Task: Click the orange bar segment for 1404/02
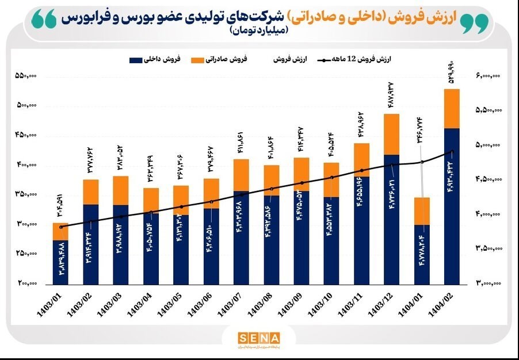(x=452, y=109)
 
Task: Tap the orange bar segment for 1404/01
(x=422, y=211)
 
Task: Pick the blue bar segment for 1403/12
(x=392, y=219)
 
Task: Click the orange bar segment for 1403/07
(x=241, y=175)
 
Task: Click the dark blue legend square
(x=136, y=59)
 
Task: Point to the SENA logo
(x=259, y=338)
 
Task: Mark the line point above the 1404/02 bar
(x=452, y=152)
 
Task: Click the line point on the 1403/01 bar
(x=60, y=227)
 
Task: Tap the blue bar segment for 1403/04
(x=151, y=248)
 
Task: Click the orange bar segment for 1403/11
(x=362, y=160)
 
